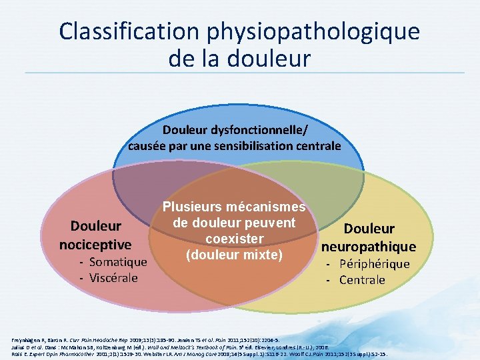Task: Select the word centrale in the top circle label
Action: tap(317, 145)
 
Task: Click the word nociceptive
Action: tap(95, 244)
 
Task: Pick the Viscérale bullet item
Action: tap(111, 277)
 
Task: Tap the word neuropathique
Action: tap(368, 247)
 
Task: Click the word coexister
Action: tap(234, 239)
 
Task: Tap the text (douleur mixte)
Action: tap(234, 255)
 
